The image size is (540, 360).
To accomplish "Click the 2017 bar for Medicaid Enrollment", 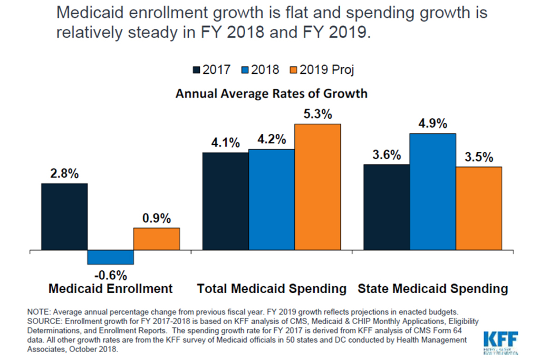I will tap(64, 217).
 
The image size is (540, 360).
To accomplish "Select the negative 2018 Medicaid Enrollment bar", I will tap(110, 257).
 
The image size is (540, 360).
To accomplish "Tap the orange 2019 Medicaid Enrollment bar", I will tap(156, 239).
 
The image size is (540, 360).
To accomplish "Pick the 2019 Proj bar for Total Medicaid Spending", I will tap(317, 187).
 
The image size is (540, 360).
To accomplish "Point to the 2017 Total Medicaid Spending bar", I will tap(225, 201).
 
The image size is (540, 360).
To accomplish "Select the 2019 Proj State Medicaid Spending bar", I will tap(478, 208).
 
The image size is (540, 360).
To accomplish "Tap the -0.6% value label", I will tap(110, 275).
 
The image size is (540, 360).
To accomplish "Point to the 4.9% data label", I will tap(432, 124).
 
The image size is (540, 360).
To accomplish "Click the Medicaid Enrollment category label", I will tap(110, 289).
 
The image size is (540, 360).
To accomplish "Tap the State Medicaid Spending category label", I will tap(433, 289).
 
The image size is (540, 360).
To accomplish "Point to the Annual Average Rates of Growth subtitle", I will tap(271, 94).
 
